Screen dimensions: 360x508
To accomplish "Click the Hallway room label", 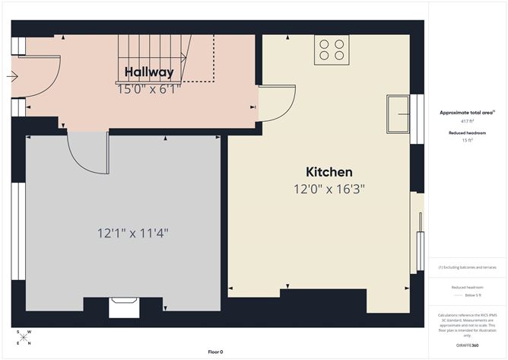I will pyautogui.click(x=149, y=72).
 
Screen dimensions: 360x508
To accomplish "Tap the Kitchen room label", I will pyautogui.click(x=329, y=172).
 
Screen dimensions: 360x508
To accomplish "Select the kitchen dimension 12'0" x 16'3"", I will pyautogui.click(x=329, y=189).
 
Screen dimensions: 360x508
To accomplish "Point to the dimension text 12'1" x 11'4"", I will pyautogui.click(x=132, y=233).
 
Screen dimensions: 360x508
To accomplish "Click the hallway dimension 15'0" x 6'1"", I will pyautogui.click(x=149, y=89).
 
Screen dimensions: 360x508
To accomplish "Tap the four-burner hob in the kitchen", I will pyautogui.click(x=331, y=49).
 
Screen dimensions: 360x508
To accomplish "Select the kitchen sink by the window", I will pyautogui.click(x=398, y=114).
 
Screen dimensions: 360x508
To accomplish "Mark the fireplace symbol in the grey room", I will pyautogui.click(x=121, y=307).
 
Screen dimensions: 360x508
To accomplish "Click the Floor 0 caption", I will pyautogui.click(x=215, y=352).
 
